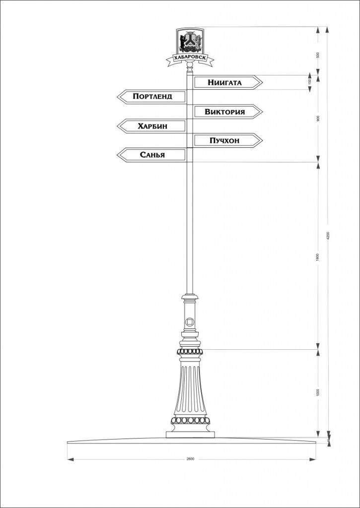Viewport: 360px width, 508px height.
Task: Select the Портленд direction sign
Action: coord(152,97)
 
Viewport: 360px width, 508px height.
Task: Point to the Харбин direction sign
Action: coord(152,126)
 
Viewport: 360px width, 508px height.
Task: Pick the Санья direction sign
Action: coord(152,155)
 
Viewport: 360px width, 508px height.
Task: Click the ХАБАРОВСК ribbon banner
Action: coord(190,59)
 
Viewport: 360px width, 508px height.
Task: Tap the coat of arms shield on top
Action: coord(190,41)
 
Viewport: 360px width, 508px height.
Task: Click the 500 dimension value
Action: coord(318,55)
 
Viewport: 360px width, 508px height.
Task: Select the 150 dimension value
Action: coord(309,82)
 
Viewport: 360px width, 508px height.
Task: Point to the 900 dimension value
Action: coord(318,118)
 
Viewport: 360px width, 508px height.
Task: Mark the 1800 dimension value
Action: coord(318,256)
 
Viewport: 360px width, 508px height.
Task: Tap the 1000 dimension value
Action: coord(318,392)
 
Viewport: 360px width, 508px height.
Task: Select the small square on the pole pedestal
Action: coord(190,321)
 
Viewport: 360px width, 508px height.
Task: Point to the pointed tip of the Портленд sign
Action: coord(118,97)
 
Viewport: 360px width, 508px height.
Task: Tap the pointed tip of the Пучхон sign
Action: coord(262,141)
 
